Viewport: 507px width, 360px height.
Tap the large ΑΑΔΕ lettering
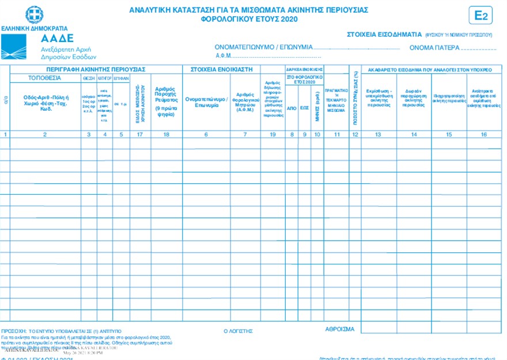tap(58, 39)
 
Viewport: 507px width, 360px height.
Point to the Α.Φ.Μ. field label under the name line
tap(223, 56)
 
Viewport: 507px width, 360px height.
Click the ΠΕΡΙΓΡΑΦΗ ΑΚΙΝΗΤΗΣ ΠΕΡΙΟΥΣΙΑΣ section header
tap(96, 69)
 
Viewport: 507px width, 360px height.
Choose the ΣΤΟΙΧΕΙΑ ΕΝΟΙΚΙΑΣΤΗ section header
tap(222, 69)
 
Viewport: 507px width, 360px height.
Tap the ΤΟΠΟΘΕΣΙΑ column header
tap(46, 77)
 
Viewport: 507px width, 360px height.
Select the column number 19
tap(273, 134)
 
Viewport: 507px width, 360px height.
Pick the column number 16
tap(484, 134)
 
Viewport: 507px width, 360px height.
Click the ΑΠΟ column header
tap(292, 107)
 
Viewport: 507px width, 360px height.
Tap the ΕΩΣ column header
tap(304, 107)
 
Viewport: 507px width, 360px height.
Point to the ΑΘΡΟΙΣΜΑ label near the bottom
tap(340, 329)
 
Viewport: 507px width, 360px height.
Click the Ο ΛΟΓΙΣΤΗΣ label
tap(238, 331)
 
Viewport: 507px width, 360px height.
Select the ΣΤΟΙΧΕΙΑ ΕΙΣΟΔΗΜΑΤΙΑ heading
tap(383, 34)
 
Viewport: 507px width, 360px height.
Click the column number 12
tap(355, 134)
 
